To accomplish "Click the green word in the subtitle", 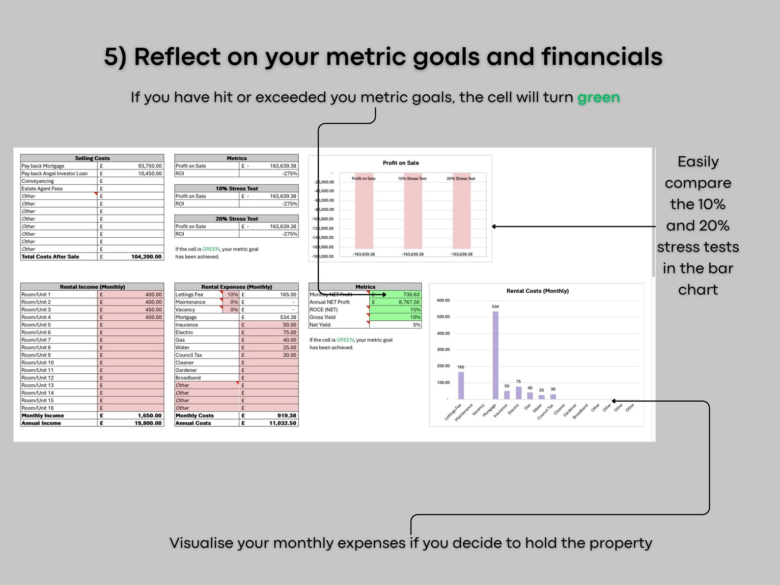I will tap(598, 98).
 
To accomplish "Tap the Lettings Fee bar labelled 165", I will tap(461, 385).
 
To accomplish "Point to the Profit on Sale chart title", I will tap(401, 163).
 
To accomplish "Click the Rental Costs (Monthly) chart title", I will tap(537, 291).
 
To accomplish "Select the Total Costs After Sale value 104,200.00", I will tap(146, 256).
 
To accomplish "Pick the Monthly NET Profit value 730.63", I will tap(411, 295).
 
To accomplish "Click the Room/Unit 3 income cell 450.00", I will tap(153, 309).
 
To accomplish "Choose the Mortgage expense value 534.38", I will tap(288, 317).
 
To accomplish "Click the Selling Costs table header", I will tap(92, 158).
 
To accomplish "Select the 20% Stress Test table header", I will tap(236, 219).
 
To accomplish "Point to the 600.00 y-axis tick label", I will tap(443, 300).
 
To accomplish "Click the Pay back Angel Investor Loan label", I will tap(55, 173).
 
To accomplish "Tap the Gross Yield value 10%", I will tap(415, 317).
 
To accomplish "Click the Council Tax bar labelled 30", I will tap(553, 396).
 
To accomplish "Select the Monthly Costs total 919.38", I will tap(286, 416).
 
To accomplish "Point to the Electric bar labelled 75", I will tap(519, 392).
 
